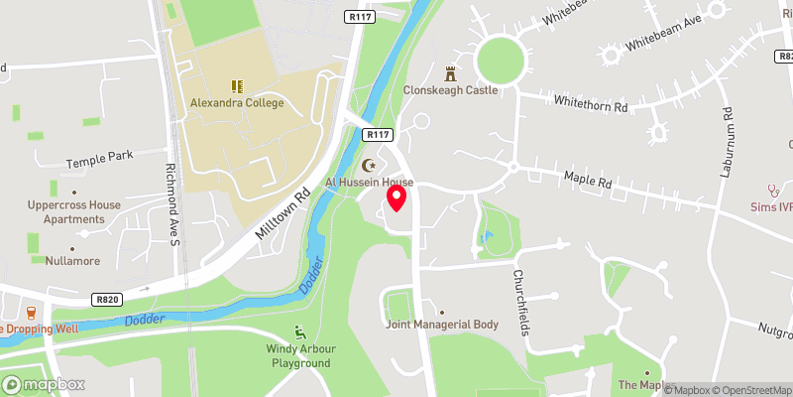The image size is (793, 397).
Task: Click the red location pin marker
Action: click(x=396, y=198)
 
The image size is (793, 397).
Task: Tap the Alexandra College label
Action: click(x=237, y=103)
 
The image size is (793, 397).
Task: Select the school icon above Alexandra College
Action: click(x=237, y=86)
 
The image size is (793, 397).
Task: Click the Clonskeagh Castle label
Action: click(x=450, y=90)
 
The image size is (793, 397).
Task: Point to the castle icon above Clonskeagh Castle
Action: click(x=450, y=73)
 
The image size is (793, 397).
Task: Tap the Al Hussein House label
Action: click(x=370, y=183)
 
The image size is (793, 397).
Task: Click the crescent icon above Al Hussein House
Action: click(x=371, y=166)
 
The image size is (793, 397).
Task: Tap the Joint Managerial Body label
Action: click(x=441, y=325)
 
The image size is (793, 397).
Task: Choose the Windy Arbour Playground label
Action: click(x=298, y=355)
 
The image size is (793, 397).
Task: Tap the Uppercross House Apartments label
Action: click(x=74, y=211)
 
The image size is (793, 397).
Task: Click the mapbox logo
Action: click(x=43, y=384)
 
